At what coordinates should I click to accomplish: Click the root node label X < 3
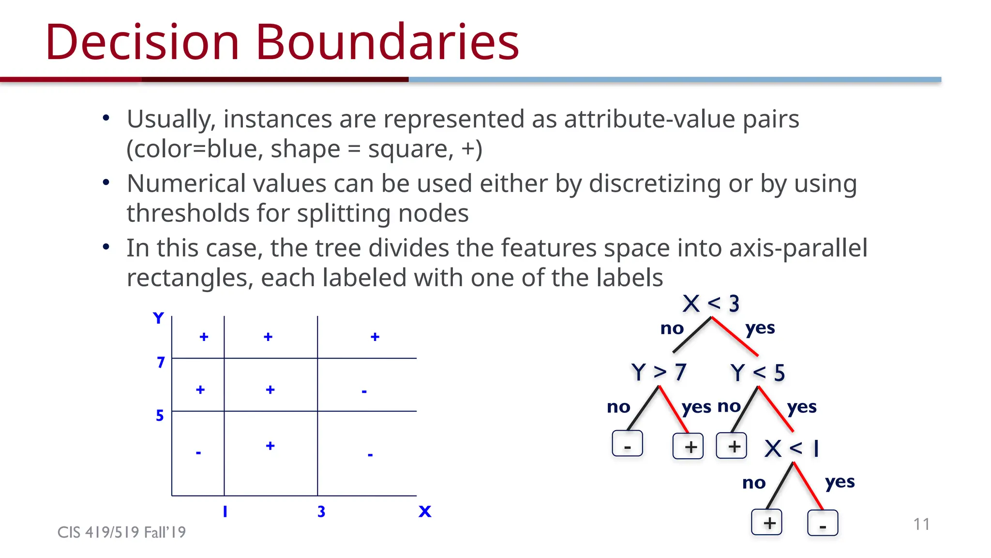click(x=710, y=304)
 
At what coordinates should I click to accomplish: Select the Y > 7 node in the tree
click(x=659, y=372)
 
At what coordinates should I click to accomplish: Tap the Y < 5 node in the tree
click(x=757, y=373)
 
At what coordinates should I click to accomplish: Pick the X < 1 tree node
click(x=792, y=449)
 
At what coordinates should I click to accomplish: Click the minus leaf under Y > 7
click(x=627, y=444)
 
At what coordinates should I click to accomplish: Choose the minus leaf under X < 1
click(x=823, y=523)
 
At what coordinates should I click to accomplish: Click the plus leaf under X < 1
click(x=766, y=523)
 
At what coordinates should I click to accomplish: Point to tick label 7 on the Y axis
click(x=161, y=362)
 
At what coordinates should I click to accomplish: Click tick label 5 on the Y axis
click(x=160, y=416)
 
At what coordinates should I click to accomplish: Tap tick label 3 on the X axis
click(x=321, y=511)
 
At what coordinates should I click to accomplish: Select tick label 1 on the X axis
click(x=225, y=511)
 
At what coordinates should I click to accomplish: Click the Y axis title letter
click(x=158, y=318)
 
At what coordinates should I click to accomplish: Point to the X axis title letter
click(x=425, y=511)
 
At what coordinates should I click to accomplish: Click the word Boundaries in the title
click(x=387, y=42)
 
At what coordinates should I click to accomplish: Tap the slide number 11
click(x=921, y=524)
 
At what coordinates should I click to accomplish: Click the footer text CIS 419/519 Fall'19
click(x=121, y=532)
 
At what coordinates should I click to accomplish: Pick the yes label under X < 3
click(x=760, y=328)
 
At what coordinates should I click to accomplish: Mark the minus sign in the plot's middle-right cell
click(x=364, y=391)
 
